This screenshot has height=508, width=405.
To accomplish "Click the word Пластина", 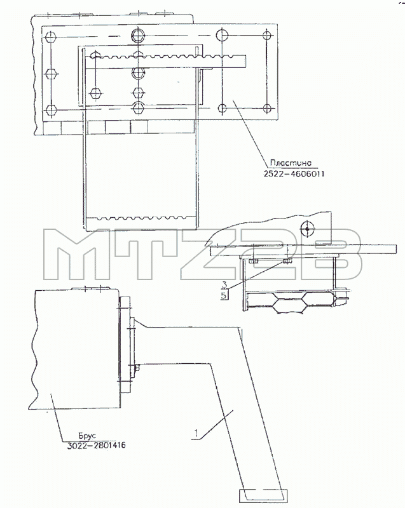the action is [x=291, y=163].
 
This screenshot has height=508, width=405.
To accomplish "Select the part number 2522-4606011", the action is [x=294, y=174].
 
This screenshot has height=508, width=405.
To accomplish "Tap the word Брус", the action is [x=87, y=436].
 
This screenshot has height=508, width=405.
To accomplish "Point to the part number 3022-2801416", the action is [x=96, y=446].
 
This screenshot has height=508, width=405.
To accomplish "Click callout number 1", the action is [x=196, y=433].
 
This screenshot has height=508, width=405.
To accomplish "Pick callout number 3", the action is [x=224, y=284].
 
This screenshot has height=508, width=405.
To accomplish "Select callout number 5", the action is [x=224, y=295].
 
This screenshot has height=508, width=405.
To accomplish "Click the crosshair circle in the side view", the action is [x=307, y=229].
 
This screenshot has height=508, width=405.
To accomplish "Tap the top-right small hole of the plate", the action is [x=267, y=36].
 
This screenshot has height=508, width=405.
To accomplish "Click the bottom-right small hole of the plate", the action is [x=267, y=108].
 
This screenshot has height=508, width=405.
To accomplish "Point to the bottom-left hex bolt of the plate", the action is [x=51, y=109].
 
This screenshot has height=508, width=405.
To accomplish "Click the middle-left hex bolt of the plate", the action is [x=51, y=74].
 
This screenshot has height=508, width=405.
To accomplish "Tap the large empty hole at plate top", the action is [x=223, y=35].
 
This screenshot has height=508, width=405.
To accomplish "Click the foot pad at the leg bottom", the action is [x=263, y=496].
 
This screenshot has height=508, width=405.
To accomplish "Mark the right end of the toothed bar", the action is [x=245, y=62].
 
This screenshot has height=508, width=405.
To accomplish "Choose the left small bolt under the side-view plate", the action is [x=253, y=261].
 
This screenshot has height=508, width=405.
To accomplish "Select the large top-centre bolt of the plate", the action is [x=139, y=35].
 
